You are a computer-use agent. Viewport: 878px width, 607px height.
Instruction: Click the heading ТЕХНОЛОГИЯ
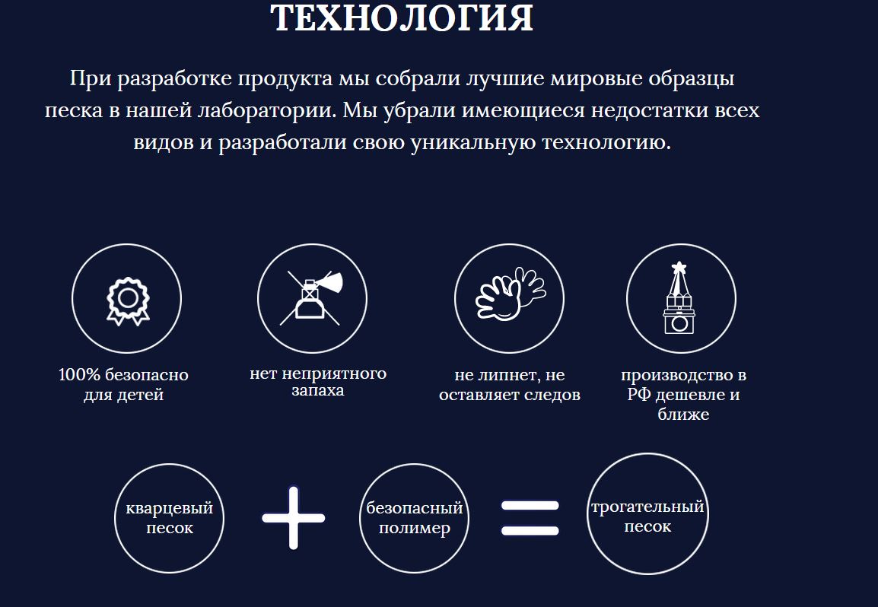click(x=402, y=18)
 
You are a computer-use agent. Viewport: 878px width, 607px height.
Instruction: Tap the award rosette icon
click(x=128, y=301)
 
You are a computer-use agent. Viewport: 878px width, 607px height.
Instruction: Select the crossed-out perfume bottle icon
click(x=311, y=298)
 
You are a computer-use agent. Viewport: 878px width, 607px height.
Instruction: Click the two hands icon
click(x=510, y=294)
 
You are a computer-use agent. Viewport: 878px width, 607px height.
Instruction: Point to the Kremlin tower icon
click(x=679, y=297)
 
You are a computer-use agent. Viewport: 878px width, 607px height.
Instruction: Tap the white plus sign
click(x=294, y=517)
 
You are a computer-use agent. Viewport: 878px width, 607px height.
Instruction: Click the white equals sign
click(x=530, y=518)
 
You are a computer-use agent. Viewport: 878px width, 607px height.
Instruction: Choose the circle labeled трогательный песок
click(x=647, y=453)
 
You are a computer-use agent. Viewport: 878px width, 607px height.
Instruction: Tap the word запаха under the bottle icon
click(x=317, y=390)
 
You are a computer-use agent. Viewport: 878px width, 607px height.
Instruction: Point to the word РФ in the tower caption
click(x=639, y=394)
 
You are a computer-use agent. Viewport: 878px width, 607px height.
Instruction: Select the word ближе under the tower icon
click(x=683, y=414)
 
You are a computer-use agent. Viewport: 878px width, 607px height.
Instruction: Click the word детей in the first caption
click(x=140, y=395)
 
